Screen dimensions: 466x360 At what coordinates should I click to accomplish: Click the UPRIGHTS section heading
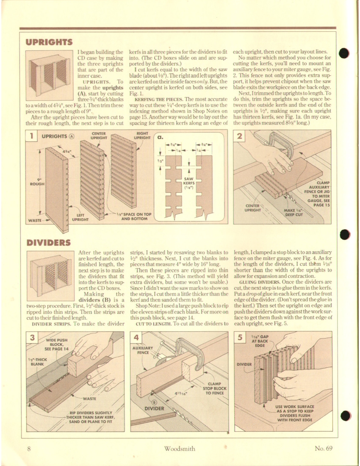pos(49,42)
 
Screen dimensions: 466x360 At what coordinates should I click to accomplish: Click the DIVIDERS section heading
pos(49,243)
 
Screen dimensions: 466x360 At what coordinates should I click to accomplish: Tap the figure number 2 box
pos(240,136)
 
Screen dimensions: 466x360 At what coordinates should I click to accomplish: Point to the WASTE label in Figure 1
pos(34,220)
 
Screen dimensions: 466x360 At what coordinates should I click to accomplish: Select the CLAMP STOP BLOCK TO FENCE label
pos(215,388)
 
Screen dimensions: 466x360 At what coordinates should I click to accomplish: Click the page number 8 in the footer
pos(29,449)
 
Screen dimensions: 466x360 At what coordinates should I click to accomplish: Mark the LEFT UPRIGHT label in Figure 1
pos(80,217)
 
